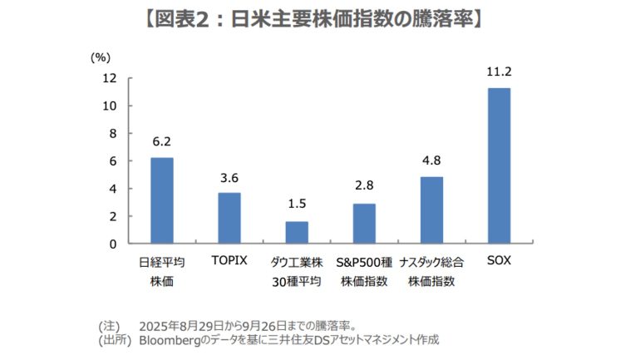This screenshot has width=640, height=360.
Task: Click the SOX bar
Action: pyautogui.click(x=499, y=165)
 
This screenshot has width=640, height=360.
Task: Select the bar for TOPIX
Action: pyautogui.click(x=229, y=218)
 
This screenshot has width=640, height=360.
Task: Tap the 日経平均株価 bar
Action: pyautogui.click(x=162, y=200)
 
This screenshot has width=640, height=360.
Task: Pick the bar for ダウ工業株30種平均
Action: pyautogui.click(x=297, y=232)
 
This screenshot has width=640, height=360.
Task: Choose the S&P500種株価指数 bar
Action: pyautogui.click(x=364, y=223)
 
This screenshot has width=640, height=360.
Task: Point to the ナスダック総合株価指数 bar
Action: pyautogui.click(x=431, y=210)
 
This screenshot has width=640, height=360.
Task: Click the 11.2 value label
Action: pyautogui.click(x=499, y=72)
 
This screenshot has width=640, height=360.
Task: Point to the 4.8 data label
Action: pyautogui.click(x=431, y=161)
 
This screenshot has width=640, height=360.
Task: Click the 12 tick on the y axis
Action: pyautogui.click(x=109, y=78)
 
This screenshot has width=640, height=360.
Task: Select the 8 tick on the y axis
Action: pyautogui.click(x=111, y=133)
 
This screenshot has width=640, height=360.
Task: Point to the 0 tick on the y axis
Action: pyautogui.click(x=111, y=244)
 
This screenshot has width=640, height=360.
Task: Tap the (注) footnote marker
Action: pyautogui.click(x=109, y=325)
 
